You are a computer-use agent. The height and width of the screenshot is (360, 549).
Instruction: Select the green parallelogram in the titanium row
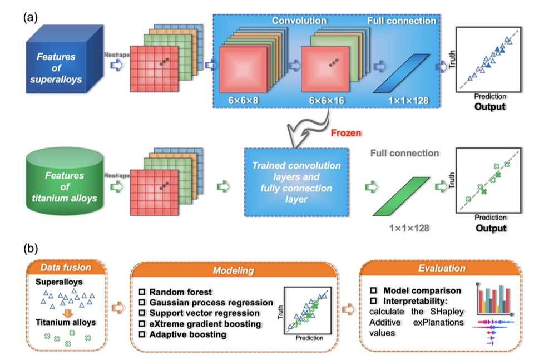[x=400, y=196]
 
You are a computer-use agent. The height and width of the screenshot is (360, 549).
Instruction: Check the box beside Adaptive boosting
[x=143, y=334]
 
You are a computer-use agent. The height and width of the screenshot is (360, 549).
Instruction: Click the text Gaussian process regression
[x=212, y=303]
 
